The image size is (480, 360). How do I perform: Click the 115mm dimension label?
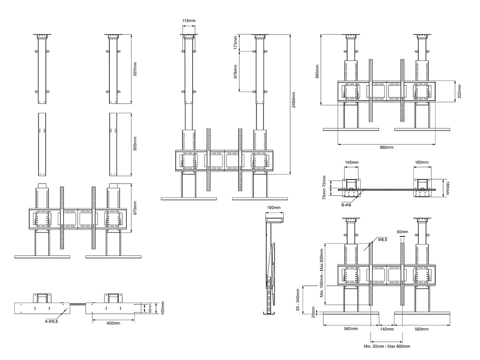(188, 20)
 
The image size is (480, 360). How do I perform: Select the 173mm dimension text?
(236, 43)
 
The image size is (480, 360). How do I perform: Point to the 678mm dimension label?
(236, 71)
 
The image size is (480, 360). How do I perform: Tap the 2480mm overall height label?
(294, 100)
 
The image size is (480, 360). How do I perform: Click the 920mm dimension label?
(135, 69)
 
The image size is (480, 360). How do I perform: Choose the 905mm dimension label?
(135, 144)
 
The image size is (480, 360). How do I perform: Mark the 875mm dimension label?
(135, 208)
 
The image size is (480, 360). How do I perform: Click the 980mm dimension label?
(317, 71)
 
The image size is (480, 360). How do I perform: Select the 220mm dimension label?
(460, 91)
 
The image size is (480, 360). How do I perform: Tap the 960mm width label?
(387, 147)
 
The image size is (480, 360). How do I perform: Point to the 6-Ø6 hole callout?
(346, 205)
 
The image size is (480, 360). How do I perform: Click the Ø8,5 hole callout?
(383, 240)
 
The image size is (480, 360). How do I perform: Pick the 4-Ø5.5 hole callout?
(51, 321)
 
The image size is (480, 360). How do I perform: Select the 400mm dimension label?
(113, 323)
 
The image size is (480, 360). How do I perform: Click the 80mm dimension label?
(150, 308)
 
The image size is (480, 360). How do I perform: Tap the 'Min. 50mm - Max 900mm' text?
(387, 346)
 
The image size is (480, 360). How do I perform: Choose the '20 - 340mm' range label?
(298, 300)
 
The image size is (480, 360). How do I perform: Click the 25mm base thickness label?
(313, 312)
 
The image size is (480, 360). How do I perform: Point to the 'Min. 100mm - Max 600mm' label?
(321, 273)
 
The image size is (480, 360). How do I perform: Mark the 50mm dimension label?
(402, 232)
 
